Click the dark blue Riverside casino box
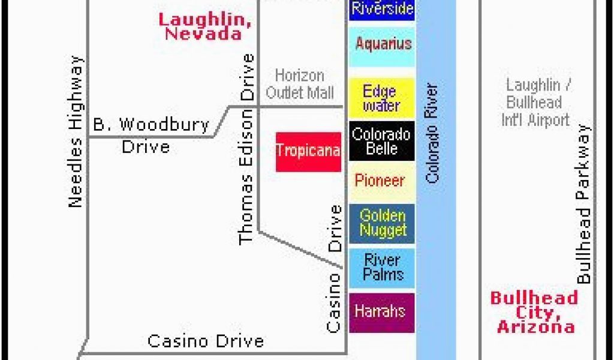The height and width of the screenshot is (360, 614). [382, 10]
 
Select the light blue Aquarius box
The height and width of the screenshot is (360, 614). [382, 47]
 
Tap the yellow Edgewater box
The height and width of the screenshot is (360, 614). [382, 98]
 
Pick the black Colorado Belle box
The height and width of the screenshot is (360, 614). [382, 141]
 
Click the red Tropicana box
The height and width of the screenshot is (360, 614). [309, 152]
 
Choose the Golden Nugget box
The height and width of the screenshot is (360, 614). [382, 224]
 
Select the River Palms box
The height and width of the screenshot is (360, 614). [382, 268]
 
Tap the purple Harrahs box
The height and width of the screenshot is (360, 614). [382, 313]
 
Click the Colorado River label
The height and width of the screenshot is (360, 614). [432, 133]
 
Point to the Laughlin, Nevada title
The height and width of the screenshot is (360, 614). [205, 26]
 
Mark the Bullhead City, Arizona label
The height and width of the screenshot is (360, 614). [534, 312]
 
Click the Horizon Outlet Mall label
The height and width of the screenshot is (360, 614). [300, 84]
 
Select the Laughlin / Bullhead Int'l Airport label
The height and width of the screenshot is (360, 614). [535, 103]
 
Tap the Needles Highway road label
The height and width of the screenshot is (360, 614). [76, 131]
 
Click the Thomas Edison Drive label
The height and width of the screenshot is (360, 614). [246, 149]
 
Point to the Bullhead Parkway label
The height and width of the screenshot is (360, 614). [583, 204]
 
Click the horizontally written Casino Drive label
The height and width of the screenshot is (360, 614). [206, 341]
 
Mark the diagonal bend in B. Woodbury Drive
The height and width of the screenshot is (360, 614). [221, 121]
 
